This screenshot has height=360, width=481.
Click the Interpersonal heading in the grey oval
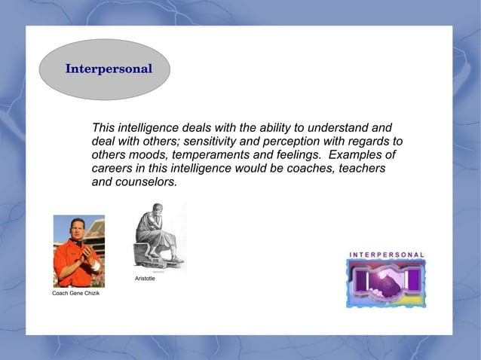point(109,69)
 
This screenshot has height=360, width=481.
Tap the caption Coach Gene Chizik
point(75,292)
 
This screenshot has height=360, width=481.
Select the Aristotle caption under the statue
point(145,279)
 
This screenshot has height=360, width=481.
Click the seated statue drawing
point(158,235)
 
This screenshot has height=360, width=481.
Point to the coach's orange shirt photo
point(78,251)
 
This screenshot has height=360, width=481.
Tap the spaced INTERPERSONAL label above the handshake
point(386,255)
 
